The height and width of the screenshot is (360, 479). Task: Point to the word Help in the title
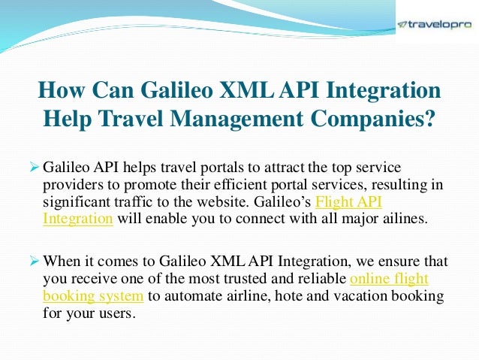click(64, 119)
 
